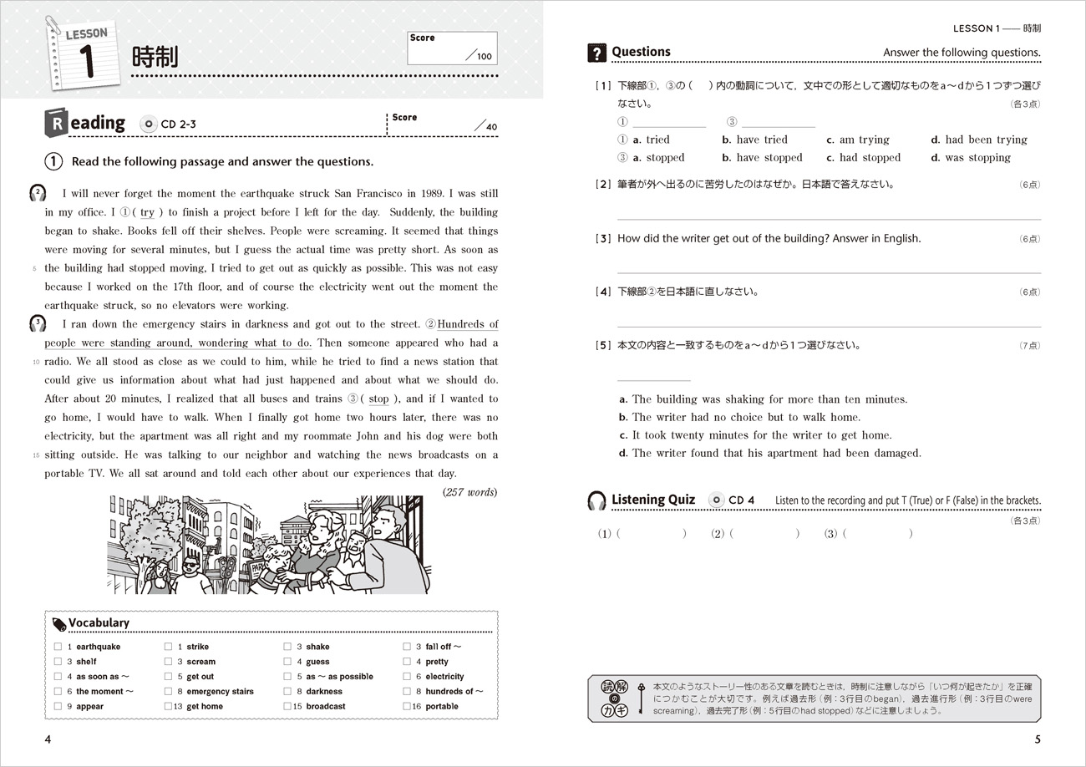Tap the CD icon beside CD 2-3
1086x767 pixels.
(150, 124)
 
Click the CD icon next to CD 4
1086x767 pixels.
(716, 500)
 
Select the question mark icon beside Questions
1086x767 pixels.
(596, 53)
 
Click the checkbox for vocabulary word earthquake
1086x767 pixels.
(58, 647)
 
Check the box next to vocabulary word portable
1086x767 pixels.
(407, 706)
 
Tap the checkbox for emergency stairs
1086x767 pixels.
(168, 692)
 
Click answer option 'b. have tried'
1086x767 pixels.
(754, 140)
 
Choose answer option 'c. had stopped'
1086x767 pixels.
(856, 157)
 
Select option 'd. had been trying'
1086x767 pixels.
(979, 140)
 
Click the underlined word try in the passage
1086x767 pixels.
(147, 213)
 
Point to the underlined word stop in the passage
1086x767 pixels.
(378, 399)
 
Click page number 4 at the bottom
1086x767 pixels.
(48, 739)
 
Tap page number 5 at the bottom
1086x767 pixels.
(1037, 739)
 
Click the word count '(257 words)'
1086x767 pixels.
(469, 492)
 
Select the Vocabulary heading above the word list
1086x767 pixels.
(99, 622)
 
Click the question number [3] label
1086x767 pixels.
(603, 238)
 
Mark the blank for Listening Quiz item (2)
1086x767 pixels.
(764, 533)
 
